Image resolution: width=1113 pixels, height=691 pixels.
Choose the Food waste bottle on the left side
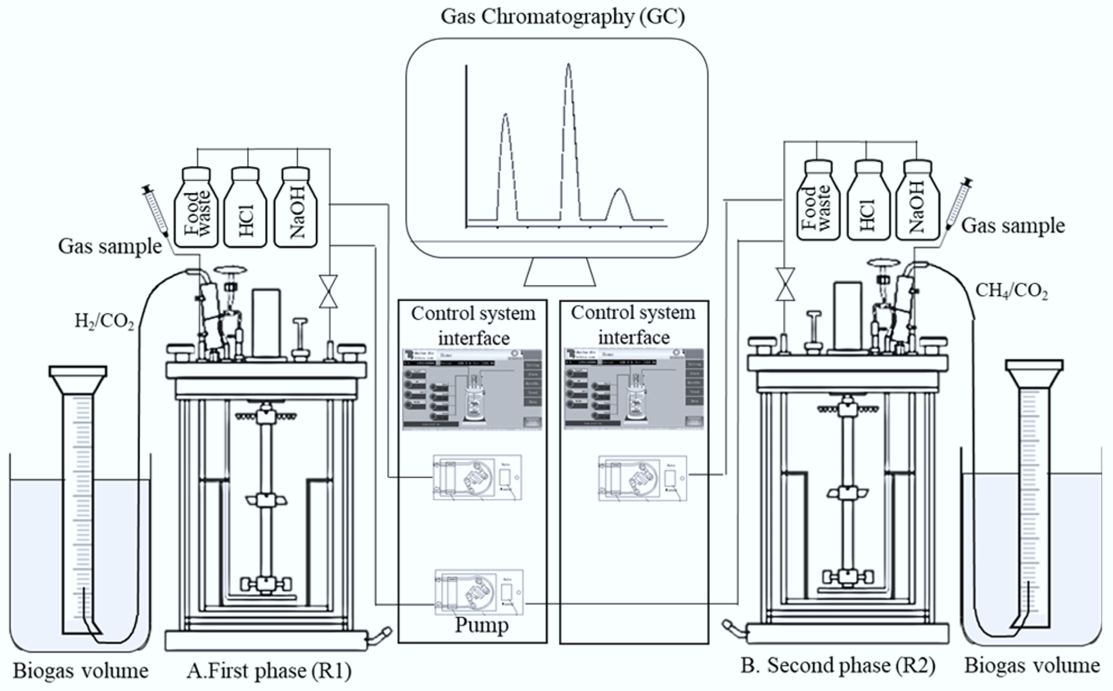pyautogui.click(x=197, y=208)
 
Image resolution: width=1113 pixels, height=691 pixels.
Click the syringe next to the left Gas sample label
pyautogui.click(x=155, y=210)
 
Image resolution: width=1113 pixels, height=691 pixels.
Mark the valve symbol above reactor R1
pyautogui.click(x=328, y=291)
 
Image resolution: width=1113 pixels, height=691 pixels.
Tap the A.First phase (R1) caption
pyautogui.click(x=269, y=671)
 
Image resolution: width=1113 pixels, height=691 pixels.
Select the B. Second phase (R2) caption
pyautogui.click(x=838, y=665)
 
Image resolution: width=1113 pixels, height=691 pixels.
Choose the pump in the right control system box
pyautogui.click(x=642, y=478)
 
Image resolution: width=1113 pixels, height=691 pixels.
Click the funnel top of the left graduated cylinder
pyautogui.click(x=78, y=377)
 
